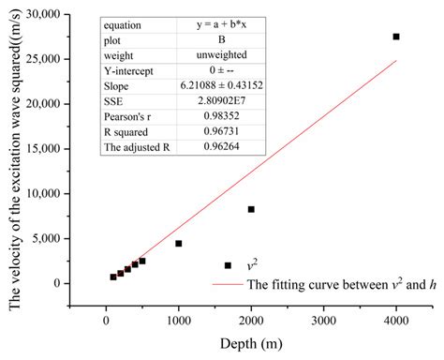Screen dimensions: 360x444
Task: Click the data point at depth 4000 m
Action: click(x=396, y=37)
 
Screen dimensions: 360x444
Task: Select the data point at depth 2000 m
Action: click(x=251, y=209)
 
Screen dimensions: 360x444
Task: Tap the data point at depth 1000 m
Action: click(x=178, y=244)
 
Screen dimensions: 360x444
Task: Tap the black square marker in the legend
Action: click(x=228, y=265)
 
